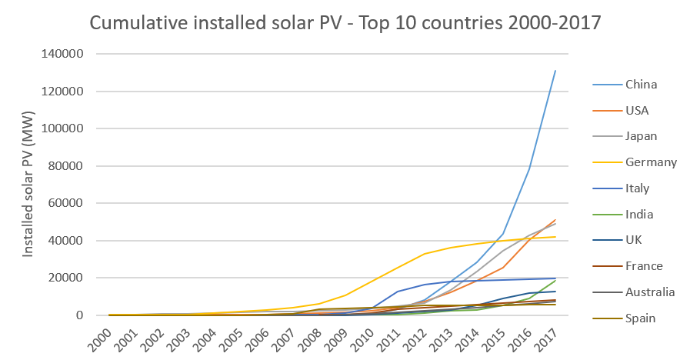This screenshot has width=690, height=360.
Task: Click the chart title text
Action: (345, 23)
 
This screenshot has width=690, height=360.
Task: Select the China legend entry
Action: (641, 85)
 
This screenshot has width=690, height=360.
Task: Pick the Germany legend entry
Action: (651, 162)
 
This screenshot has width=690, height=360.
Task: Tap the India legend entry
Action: (640, 215)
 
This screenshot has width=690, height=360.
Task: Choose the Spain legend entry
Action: (641, 318)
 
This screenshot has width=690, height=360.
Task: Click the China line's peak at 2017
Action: (555, 71)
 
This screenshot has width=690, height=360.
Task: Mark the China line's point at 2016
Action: (529, 169)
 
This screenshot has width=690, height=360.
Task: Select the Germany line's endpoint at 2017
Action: (555, 237)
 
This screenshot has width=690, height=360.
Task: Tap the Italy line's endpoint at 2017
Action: (555, 278)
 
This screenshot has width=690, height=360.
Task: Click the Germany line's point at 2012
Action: (425, 254)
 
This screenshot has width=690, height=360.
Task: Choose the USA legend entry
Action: (638, 111)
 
